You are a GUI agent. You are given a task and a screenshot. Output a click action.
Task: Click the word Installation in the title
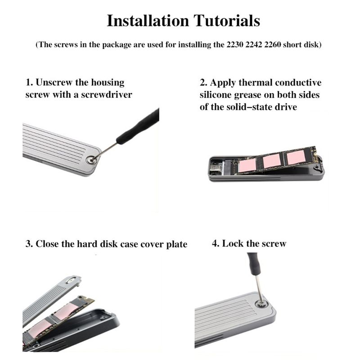(x=148, y=21)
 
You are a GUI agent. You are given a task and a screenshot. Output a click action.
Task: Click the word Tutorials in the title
(x=227, y=21)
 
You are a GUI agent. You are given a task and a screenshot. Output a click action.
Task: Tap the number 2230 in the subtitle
(x=235, y=44)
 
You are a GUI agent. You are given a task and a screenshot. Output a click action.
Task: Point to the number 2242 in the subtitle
(x=254, y=44)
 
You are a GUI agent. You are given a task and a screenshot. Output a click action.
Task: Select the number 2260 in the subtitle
(x=273, y=44)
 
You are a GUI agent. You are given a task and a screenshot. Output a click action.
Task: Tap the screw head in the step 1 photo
(x=92, y=160)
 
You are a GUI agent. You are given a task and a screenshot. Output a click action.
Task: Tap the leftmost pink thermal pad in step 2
(x=247, y=166)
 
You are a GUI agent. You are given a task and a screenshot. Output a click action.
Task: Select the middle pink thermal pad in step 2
(x=272, y=161)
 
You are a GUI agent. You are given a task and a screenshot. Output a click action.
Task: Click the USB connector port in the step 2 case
(x=216, y=166)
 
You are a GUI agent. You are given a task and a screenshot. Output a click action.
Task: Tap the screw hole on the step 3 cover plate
(x=70, y=280)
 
